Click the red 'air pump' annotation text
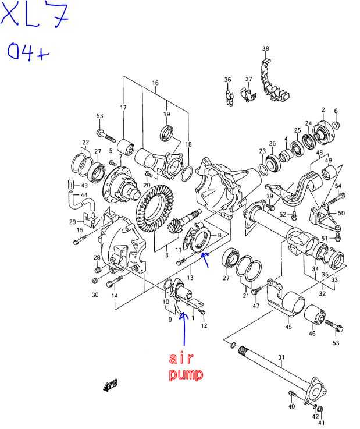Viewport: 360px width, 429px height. [186, 367]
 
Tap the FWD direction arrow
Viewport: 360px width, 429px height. [110, 385]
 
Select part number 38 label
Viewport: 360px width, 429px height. [265, 48]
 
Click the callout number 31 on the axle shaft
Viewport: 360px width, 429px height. [281, 357]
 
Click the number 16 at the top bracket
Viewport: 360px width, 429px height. [155, 83]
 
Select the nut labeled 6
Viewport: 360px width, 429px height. [337, 125]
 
